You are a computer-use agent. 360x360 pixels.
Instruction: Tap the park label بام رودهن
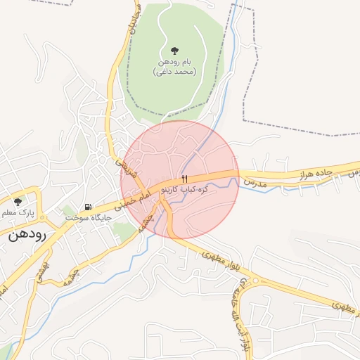(x=174, y=63)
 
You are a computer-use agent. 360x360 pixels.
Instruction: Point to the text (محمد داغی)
(x=174, y=72)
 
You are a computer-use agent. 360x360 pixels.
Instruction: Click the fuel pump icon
(x=88, y=207)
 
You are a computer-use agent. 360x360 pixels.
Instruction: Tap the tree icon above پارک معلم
(x=18, y=202)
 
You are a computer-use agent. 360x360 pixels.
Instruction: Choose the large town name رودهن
(x=27, y=235)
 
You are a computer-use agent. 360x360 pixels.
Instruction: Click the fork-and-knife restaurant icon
(x=185, y=179)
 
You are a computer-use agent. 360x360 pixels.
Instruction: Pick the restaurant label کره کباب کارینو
(x=184, y=190)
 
